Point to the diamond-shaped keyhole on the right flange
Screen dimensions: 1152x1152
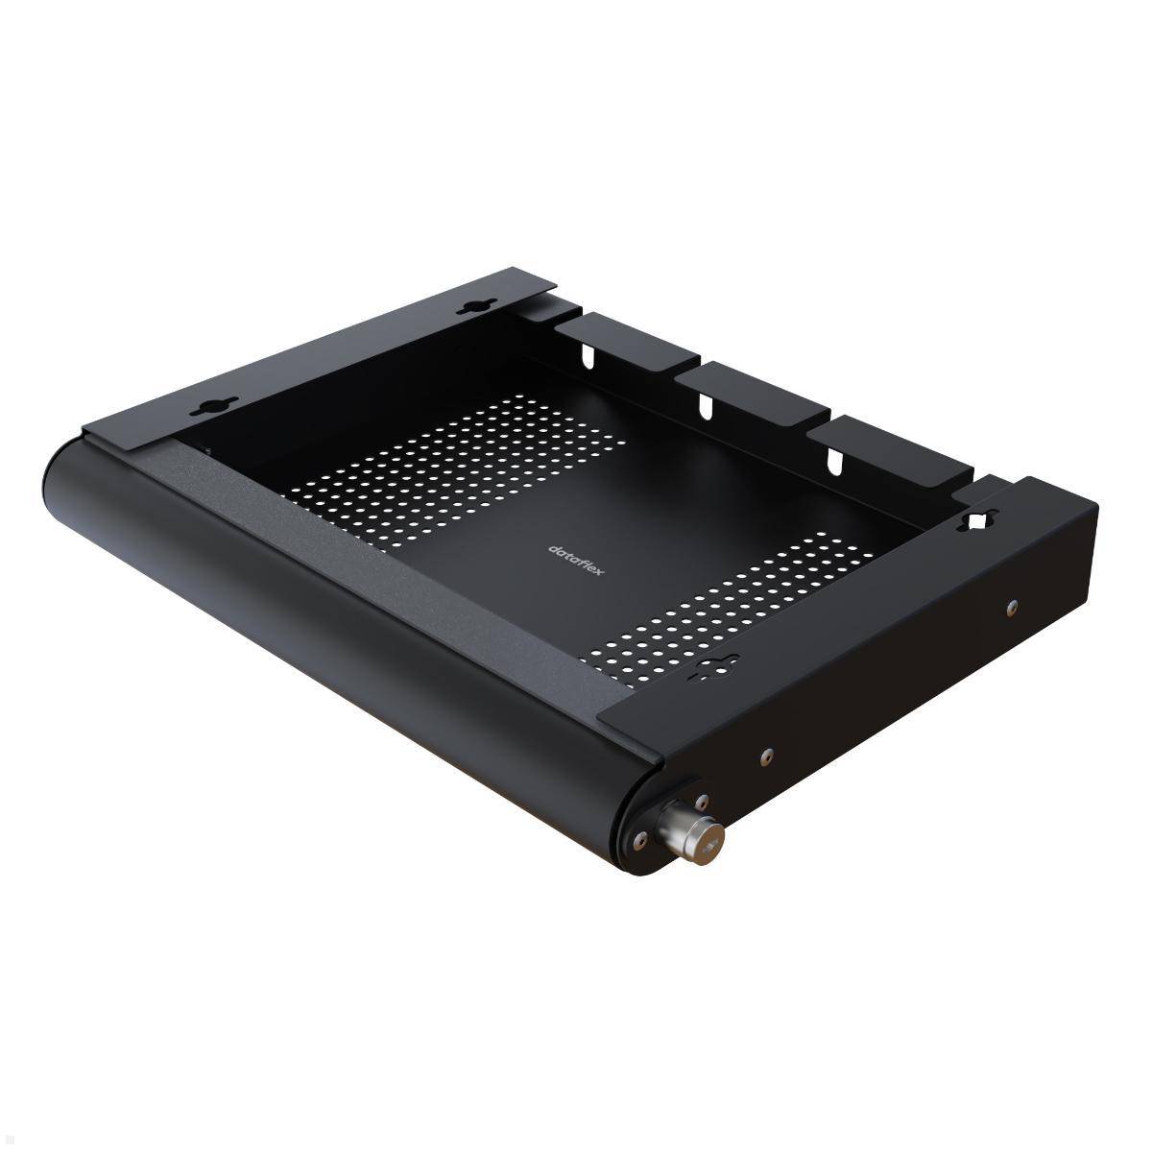(x=979, y=521)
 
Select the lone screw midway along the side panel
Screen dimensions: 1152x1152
(x=765, y=756)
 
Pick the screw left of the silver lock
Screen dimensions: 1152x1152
(x=636, y=842)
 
